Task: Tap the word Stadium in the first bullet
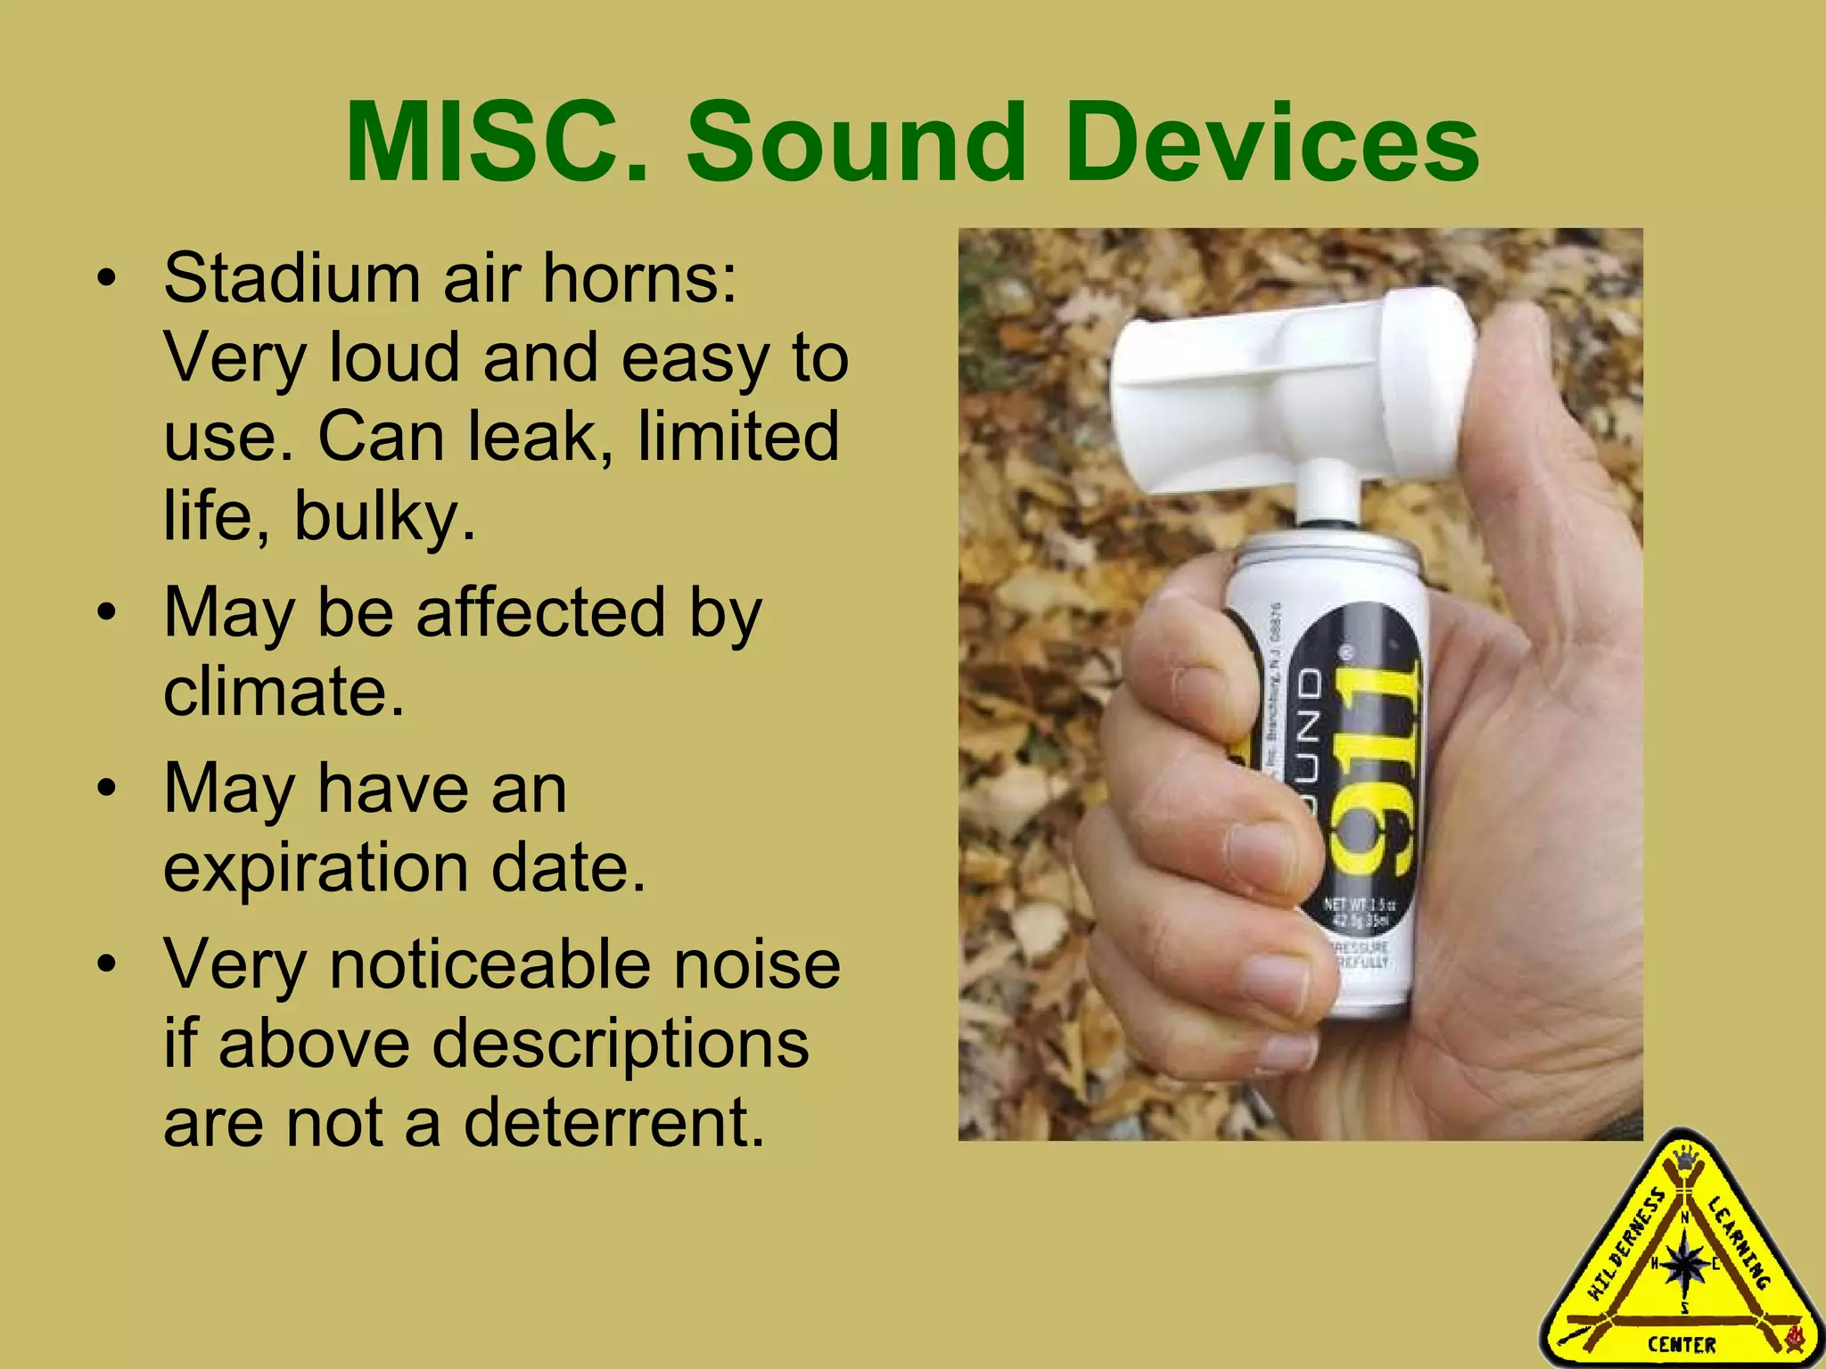291,278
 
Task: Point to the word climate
284,692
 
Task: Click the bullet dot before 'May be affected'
107,614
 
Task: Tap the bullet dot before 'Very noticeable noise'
107,965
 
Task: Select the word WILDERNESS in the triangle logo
1624,1258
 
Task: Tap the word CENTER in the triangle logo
1682,1344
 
